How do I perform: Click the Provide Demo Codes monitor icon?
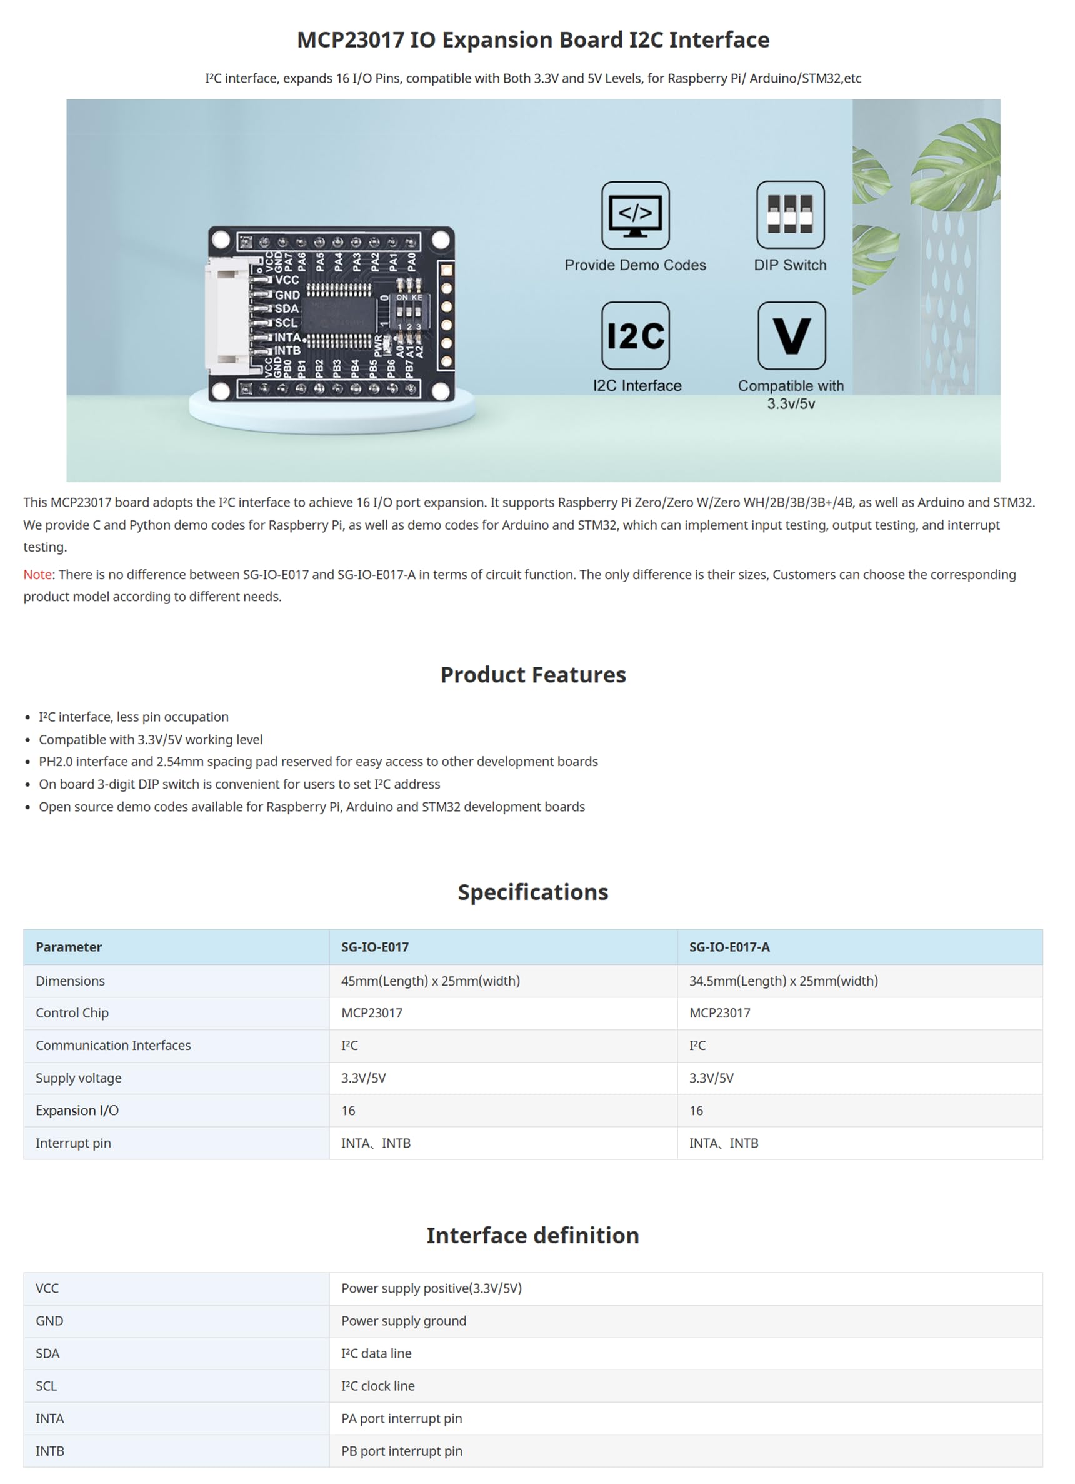click(635, 215)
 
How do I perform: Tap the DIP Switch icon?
click(790, 215)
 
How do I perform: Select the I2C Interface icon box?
click(635, 336)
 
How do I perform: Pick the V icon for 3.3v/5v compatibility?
click(791, 336)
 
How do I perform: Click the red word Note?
click(37, 575)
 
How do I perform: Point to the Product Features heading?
click(533, 675)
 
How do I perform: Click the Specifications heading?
click(533, 892)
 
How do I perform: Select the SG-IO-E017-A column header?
click(729, 947)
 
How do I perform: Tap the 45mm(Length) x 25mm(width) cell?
click(430, 981)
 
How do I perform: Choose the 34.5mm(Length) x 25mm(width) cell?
click(783, 981)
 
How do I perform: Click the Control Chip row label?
click(72, 1013)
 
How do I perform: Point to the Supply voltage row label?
click(79, 1078)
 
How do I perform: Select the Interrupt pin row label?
click(73, 1143)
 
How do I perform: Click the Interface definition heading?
click(533, 1235)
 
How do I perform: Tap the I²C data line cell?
click(376, 1353)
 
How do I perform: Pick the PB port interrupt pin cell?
click(401, 1451)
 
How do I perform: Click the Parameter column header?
click(69, 947)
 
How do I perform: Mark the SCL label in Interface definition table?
click(46, 1386)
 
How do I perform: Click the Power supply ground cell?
click(404, 1320)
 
